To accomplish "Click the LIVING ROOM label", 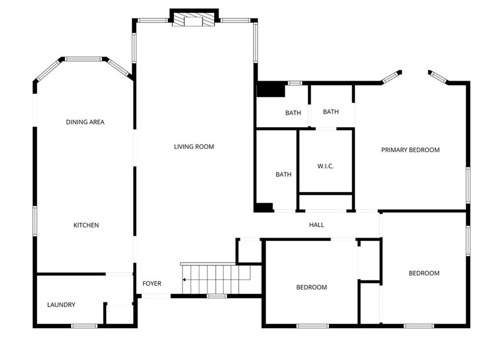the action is [x=194, y=147].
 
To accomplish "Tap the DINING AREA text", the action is [x=85, y=122].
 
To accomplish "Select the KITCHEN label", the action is [x=86, y=225].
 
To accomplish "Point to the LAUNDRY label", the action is [x=61, y=305].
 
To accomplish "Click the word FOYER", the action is [x=152, y=283].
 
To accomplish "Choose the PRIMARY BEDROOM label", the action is [x=410, y=150].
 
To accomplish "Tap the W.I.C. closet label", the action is [x=325, y=166].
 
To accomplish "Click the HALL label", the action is [x=316, y=225].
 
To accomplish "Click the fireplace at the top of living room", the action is [x=194, y=20].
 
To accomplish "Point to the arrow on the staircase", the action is [x=216, y=280].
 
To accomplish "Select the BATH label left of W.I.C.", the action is [x=283, y=174].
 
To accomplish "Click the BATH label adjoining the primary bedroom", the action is [x=331, y=111].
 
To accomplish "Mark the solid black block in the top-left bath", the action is [x=271, y=89].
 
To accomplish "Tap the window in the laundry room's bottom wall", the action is [x=84, y=326].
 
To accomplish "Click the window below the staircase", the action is [x=217, y=296].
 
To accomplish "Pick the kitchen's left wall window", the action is [x=35, y=221].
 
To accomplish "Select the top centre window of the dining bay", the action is [x=84, y=59].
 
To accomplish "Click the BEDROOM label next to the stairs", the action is [x=311, y=287].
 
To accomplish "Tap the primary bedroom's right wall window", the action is [x=468, y=185].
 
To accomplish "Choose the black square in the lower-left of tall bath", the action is [x=264, y=207].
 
